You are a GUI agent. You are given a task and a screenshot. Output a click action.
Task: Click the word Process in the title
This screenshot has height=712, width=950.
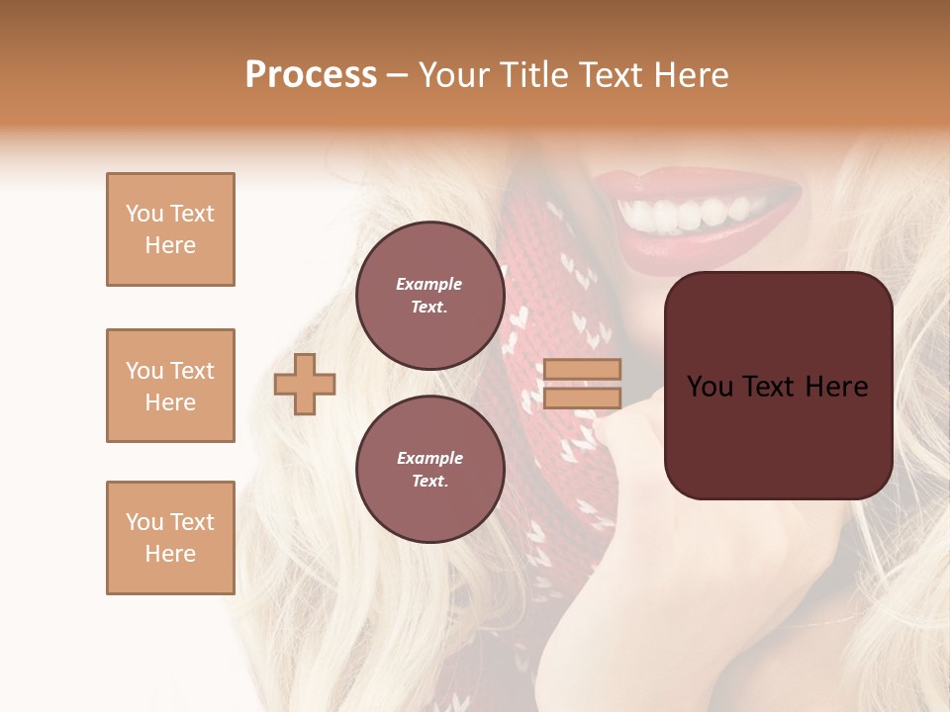click(311, 75)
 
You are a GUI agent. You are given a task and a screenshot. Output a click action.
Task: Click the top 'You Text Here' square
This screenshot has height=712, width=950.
click(170, 229)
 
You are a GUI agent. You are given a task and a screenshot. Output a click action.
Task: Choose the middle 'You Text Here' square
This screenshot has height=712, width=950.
click(170, 386)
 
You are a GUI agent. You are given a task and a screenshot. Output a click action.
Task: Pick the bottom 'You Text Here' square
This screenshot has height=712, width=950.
click(170, 538)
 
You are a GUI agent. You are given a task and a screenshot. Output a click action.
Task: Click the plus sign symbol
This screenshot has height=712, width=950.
click(305, 384)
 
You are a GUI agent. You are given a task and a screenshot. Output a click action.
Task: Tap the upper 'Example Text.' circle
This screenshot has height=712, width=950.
click(429, 296)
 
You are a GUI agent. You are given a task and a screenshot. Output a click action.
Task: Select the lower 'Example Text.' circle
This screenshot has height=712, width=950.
click(429, 470)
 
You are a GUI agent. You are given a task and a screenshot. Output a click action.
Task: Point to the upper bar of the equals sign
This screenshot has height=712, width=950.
click(582, 370)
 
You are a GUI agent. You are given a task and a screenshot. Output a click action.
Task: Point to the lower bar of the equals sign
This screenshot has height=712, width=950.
click(582, 398)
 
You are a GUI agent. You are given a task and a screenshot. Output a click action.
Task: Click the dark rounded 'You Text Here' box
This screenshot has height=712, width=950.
click(778, 385)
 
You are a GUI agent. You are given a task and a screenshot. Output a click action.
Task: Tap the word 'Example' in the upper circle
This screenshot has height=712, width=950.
click(429, 284)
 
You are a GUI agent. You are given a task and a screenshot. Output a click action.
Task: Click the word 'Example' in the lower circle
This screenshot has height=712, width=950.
click(429, 458)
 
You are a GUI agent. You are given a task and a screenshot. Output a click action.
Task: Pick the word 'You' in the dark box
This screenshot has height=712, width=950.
click(711, 387)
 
